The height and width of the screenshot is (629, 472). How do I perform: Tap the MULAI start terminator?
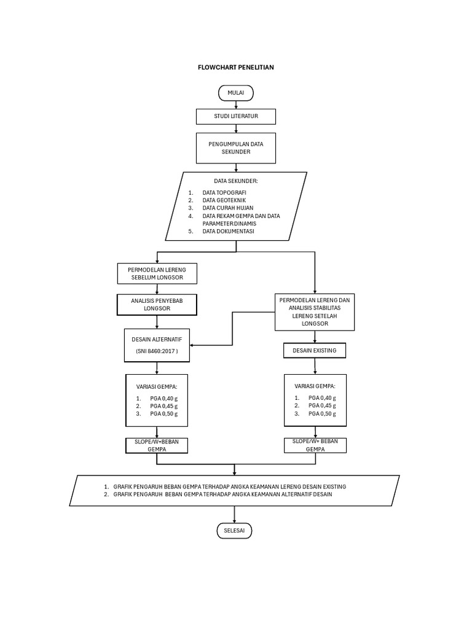click(x=235, y=93)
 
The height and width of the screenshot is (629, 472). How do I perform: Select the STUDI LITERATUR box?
click(x=235, y=115)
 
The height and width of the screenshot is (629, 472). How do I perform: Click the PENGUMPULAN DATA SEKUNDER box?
click(x=235, y=147)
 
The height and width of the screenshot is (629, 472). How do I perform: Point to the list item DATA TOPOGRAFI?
click(x=224, y=192)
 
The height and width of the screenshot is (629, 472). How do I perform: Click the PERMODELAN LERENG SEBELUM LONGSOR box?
click(x=157, y=273)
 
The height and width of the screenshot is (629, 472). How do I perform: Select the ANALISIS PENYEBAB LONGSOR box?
click(x=157, y=304)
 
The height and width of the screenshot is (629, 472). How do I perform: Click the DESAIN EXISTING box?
click(x=315, y=351)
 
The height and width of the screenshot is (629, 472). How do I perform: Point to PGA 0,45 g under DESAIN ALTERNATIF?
click(x=163, y=405)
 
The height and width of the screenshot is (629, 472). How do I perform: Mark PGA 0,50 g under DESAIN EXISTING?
click(x=320, y=413)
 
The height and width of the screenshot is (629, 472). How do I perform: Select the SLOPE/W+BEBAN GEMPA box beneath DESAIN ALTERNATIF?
click(x=157, y=445)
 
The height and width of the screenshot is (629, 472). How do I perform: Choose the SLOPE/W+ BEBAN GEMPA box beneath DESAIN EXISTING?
click(x=315, y=445)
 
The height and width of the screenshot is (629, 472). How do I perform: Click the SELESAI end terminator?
click(x=235, y=530)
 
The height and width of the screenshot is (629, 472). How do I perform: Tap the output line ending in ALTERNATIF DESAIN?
click(x=222, y=494)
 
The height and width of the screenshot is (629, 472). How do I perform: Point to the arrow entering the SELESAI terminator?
click(x=235, y=515)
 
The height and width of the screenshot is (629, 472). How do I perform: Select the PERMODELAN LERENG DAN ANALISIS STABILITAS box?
click(x=315, y=311)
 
